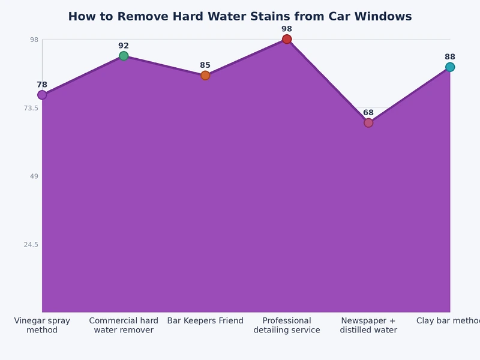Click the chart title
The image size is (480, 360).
point(240,17)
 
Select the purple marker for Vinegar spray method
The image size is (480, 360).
point(42,95)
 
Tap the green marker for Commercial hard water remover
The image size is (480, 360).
point(124,56)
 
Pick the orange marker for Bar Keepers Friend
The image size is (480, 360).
point(205,76)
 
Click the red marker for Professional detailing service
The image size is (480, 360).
point(287,39)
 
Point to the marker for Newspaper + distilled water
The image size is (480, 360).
point(368,123)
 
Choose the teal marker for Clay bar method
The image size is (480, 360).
point(450,67)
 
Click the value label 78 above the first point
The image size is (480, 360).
point(42,85)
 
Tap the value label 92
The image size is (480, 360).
point(124,46)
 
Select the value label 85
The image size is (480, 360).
point(205,65)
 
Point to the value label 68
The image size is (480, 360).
point(368,113)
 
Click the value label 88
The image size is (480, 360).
point(450,57)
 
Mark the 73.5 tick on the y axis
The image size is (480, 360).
point(30,108)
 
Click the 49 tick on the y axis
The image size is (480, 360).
point(34,176)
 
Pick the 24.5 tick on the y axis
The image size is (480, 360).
point(30,244)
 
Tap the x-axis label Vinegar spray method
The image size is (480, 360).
point(42,325)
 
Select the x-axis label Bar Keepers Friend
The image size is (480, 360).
point(205,320)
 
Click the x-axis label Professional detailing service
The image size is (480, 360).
point(287,325)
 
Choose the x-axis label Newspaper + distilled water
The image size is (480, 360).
point(368,325)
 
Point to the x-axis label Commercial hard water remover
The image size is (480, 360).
point(124,325)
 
